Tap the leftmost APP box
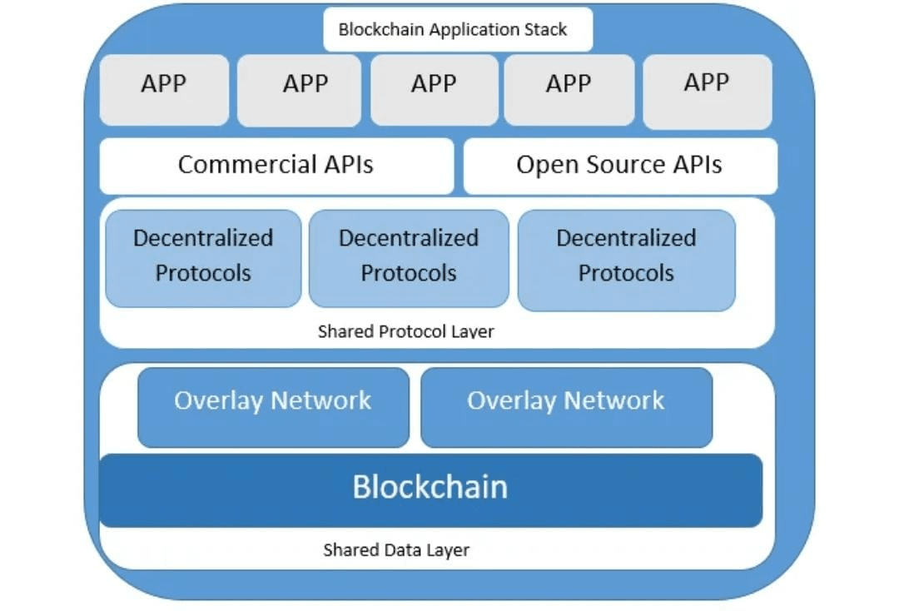[164, 90]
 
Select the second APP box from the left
[299, 90]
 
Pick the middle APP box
[434, 90]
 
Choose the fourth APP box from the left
[569, 90]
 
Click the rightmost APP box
[707, 90]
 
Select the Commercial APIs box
[276, 165]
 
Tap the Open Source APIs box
[619, 165]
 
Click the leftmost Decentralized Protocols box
[203, 257]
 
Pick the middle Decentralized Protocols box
[408, 257]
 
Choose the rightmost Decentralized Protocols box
[626, 259]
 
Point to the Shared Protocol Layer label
[405, 331]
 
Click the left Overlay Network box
[273, 407]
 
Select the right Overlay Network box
[566, 407]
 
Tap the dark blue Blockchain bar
[430, 489]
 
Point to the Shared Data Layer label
[396, 550]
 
